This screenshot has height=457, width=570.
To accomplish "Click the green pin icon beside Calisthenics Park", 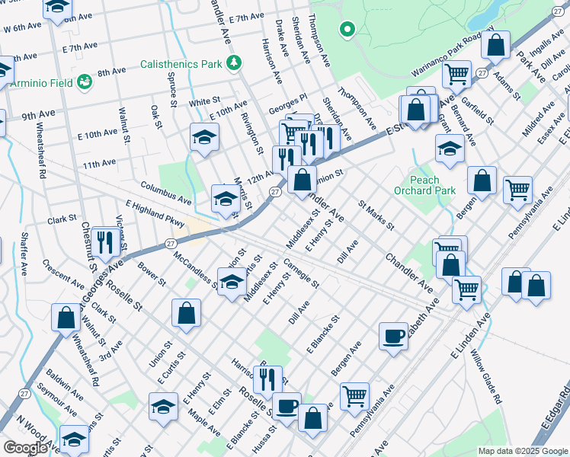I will pyautogui.click(x=235, y=62).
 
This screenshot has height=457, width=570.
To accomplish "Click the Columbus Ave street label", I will pyautogui.click(x=165, y=192).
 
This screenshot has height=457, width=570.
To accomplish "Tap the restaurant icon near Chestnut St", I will pyautogui.click(x=107, y=241).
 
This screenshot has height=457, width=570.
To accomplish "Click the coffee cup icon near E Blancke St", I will pyautogui.click(x=393, y=336).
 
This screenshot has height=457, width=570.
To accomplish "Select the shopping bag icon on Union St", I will pyautogui.click(x=186, y=312).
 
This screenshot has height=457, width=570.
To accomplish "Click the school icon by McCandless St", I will pyautogui.click(x=230, y=282).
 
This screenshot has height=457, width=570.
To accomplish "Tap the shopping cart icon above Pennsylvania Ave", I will pyautogui.click(x=354, y=395).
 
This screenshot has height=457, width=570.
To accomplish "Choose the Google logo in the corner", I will pyautogui.click(x=25, y=448).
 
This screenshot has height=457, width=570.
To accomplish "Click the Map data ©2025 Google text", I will pyautogui.click(x=522, y=451).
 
